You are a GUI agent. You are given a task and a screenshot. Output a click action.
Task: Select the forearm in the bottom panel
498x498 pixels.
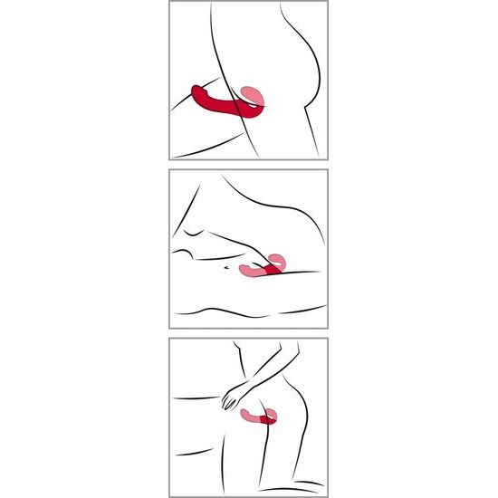click(258, 376)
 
